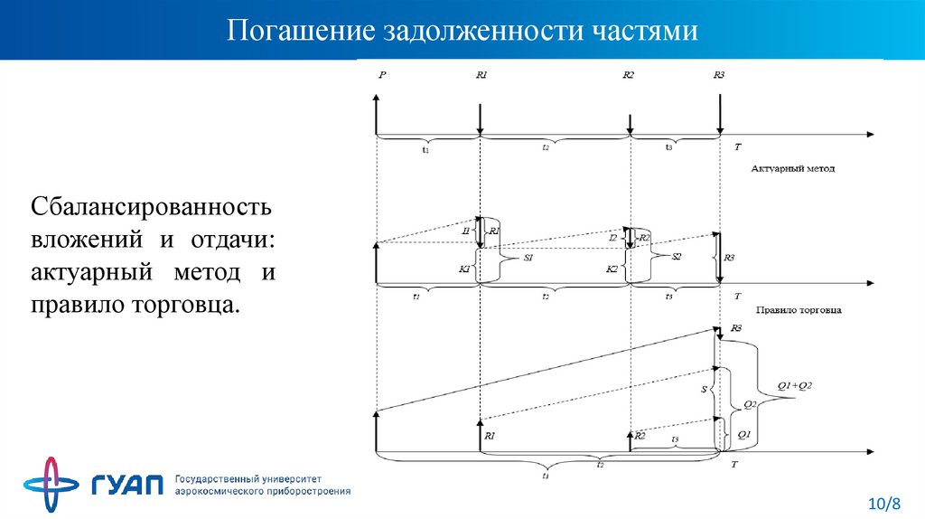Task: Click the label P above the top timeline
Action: click(x=383, y=76)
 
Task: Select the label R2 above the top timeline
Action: click(x=629, y=76)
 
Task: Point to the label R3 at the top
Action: click(x=719, y=76)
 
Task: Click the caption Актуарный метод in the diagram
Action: click(x=792, y=168)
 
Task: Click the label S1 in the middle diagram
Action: click(x=529, y=259)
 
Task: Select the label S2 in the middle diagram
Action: click(x=676, y=257)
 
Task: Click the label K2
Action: click(x=613, y=269)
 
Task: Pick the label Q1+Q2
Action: click(x=796, y=386)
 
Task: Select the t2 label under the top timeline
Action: click(x=546, y=146)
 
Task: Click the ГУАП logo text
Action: click(x=127, y=485)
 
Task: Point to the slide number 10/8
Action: click(x=884, y=502)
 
